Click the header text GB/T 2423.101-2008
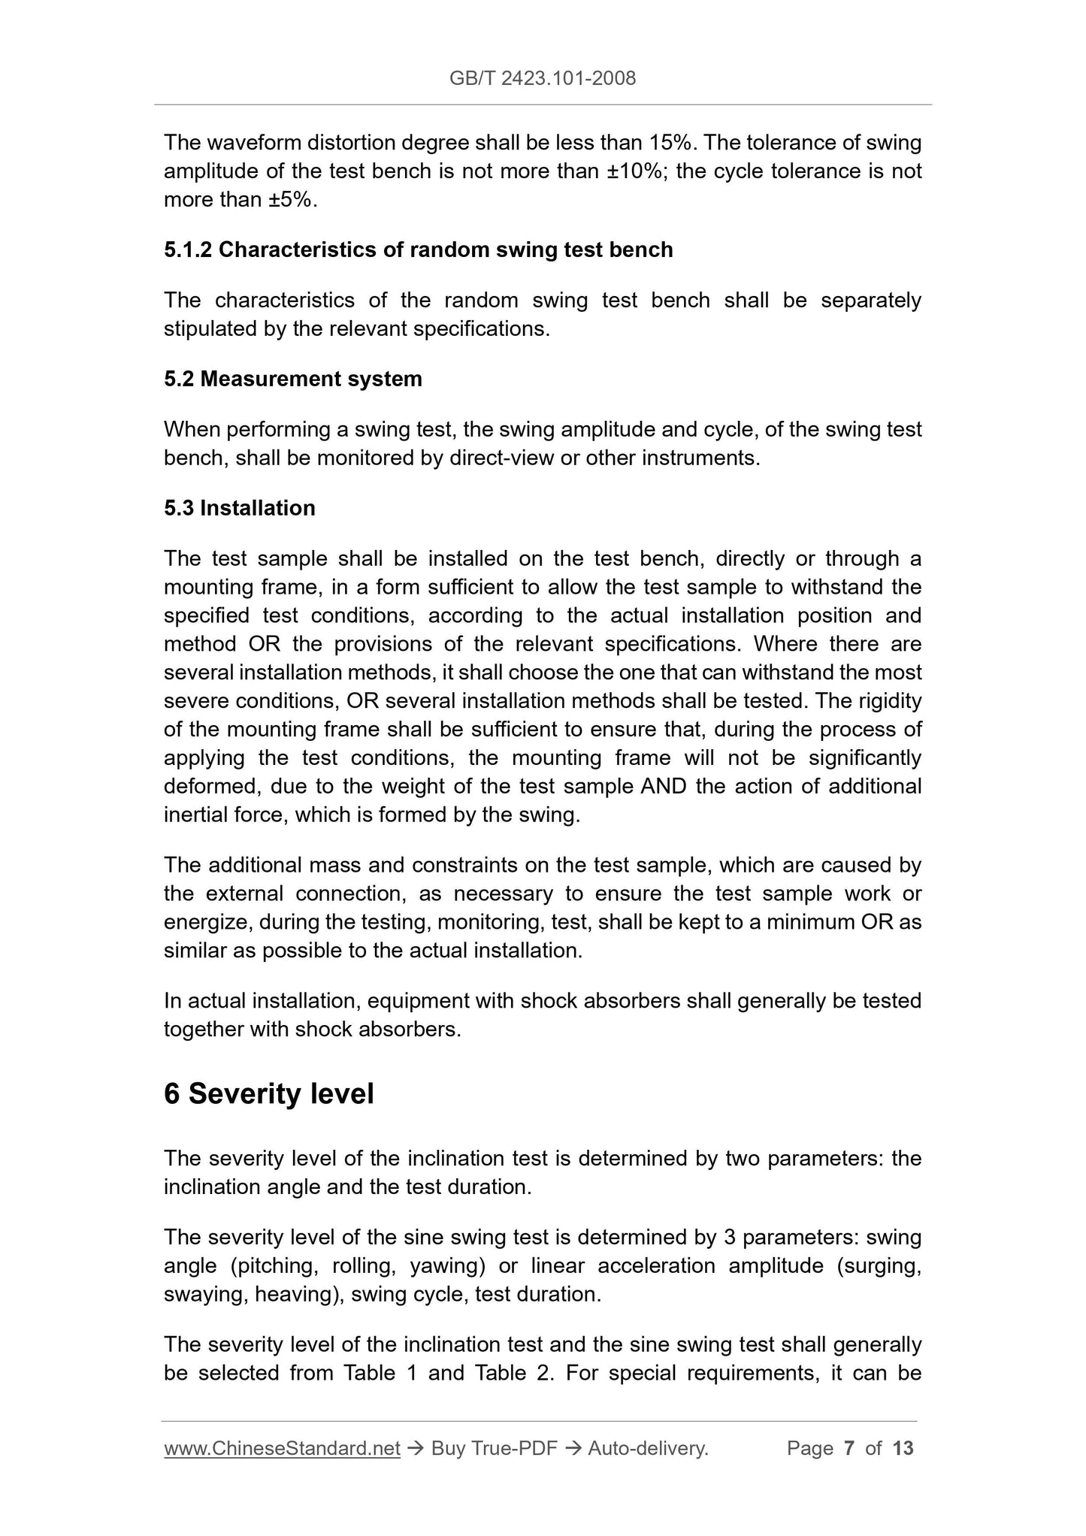(542, 78)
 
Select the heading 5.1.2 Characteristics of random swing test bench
(418, 249)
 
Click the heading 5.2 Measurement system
(292, 379)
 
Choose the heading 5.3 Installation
(239, 508)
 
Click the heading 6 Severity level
(268, 1093)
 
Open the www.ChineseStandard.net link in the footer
(281, 1448)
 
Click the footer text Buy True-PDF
(494, 1448)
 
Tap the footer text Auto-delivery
(648, 1448)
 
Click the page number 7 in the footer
(849, 1448)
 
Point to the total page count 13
(903, 1448)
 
